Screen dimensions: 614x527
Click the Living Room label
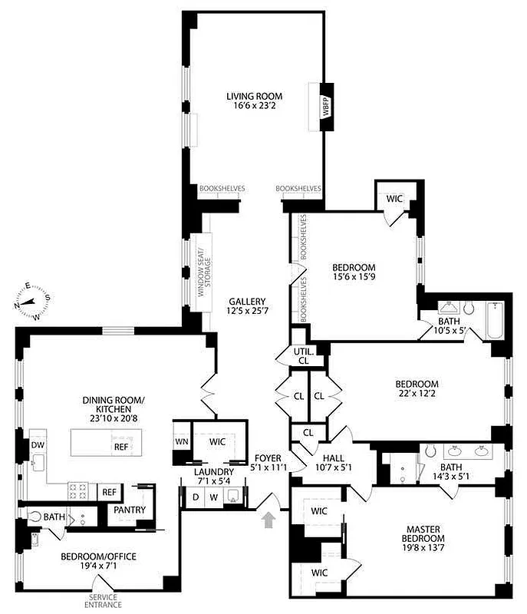tap(254, 96)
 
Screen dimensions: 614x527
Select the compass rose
tap(30, 300)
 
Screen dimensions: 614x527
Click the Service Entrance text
tap(106, 601)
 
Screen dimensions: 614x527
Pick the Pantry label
tap(130, 510)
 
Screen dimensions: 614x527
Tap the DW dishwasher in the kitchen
tap(37, 445)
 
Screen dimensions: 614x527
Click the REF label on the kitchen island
tap(122, 445)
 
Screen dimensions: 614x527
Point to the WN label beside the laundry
tap(182, 442)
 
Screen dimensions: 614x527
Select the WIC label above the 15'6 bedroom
tap(394, 198)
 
